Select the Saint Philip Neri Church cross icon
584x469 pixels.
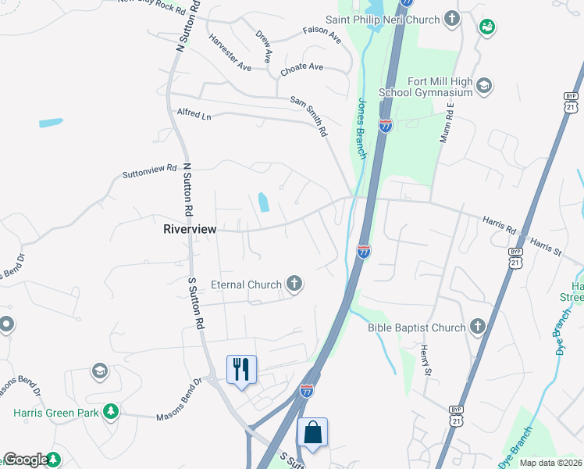pyautogui.click(x=452, y=17)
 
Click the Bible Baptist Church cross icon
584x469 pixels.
pyautogui.click(x=478, y=328)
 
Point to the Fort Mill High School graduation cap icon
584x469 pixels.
pyautogui.click(x=483, y=85)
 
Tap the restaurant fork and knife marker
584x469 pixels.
pyautogui.click(x=241, y=368)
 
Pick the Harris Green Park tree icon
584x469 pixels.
pyautogui.click(x=112, y=410)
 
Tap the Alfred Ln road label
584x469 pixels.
pyautogui.click(x=194, y=113)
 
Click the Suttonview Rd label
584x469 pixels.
pyautogui.click(x=149, y=171)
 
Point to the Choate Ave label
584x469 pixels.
pyautogui.click(x=301, y=68)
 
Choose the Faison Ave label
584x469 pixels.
pyautogui.click(x=322, y=36)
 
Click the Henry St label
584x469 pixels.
pyautogui.click(x=425, y=360)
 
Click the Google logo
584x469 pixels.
pyautogui.click(x=26, y=460)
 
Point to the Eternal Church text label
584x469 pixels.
pyautogui.click(x=246, y=285)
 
